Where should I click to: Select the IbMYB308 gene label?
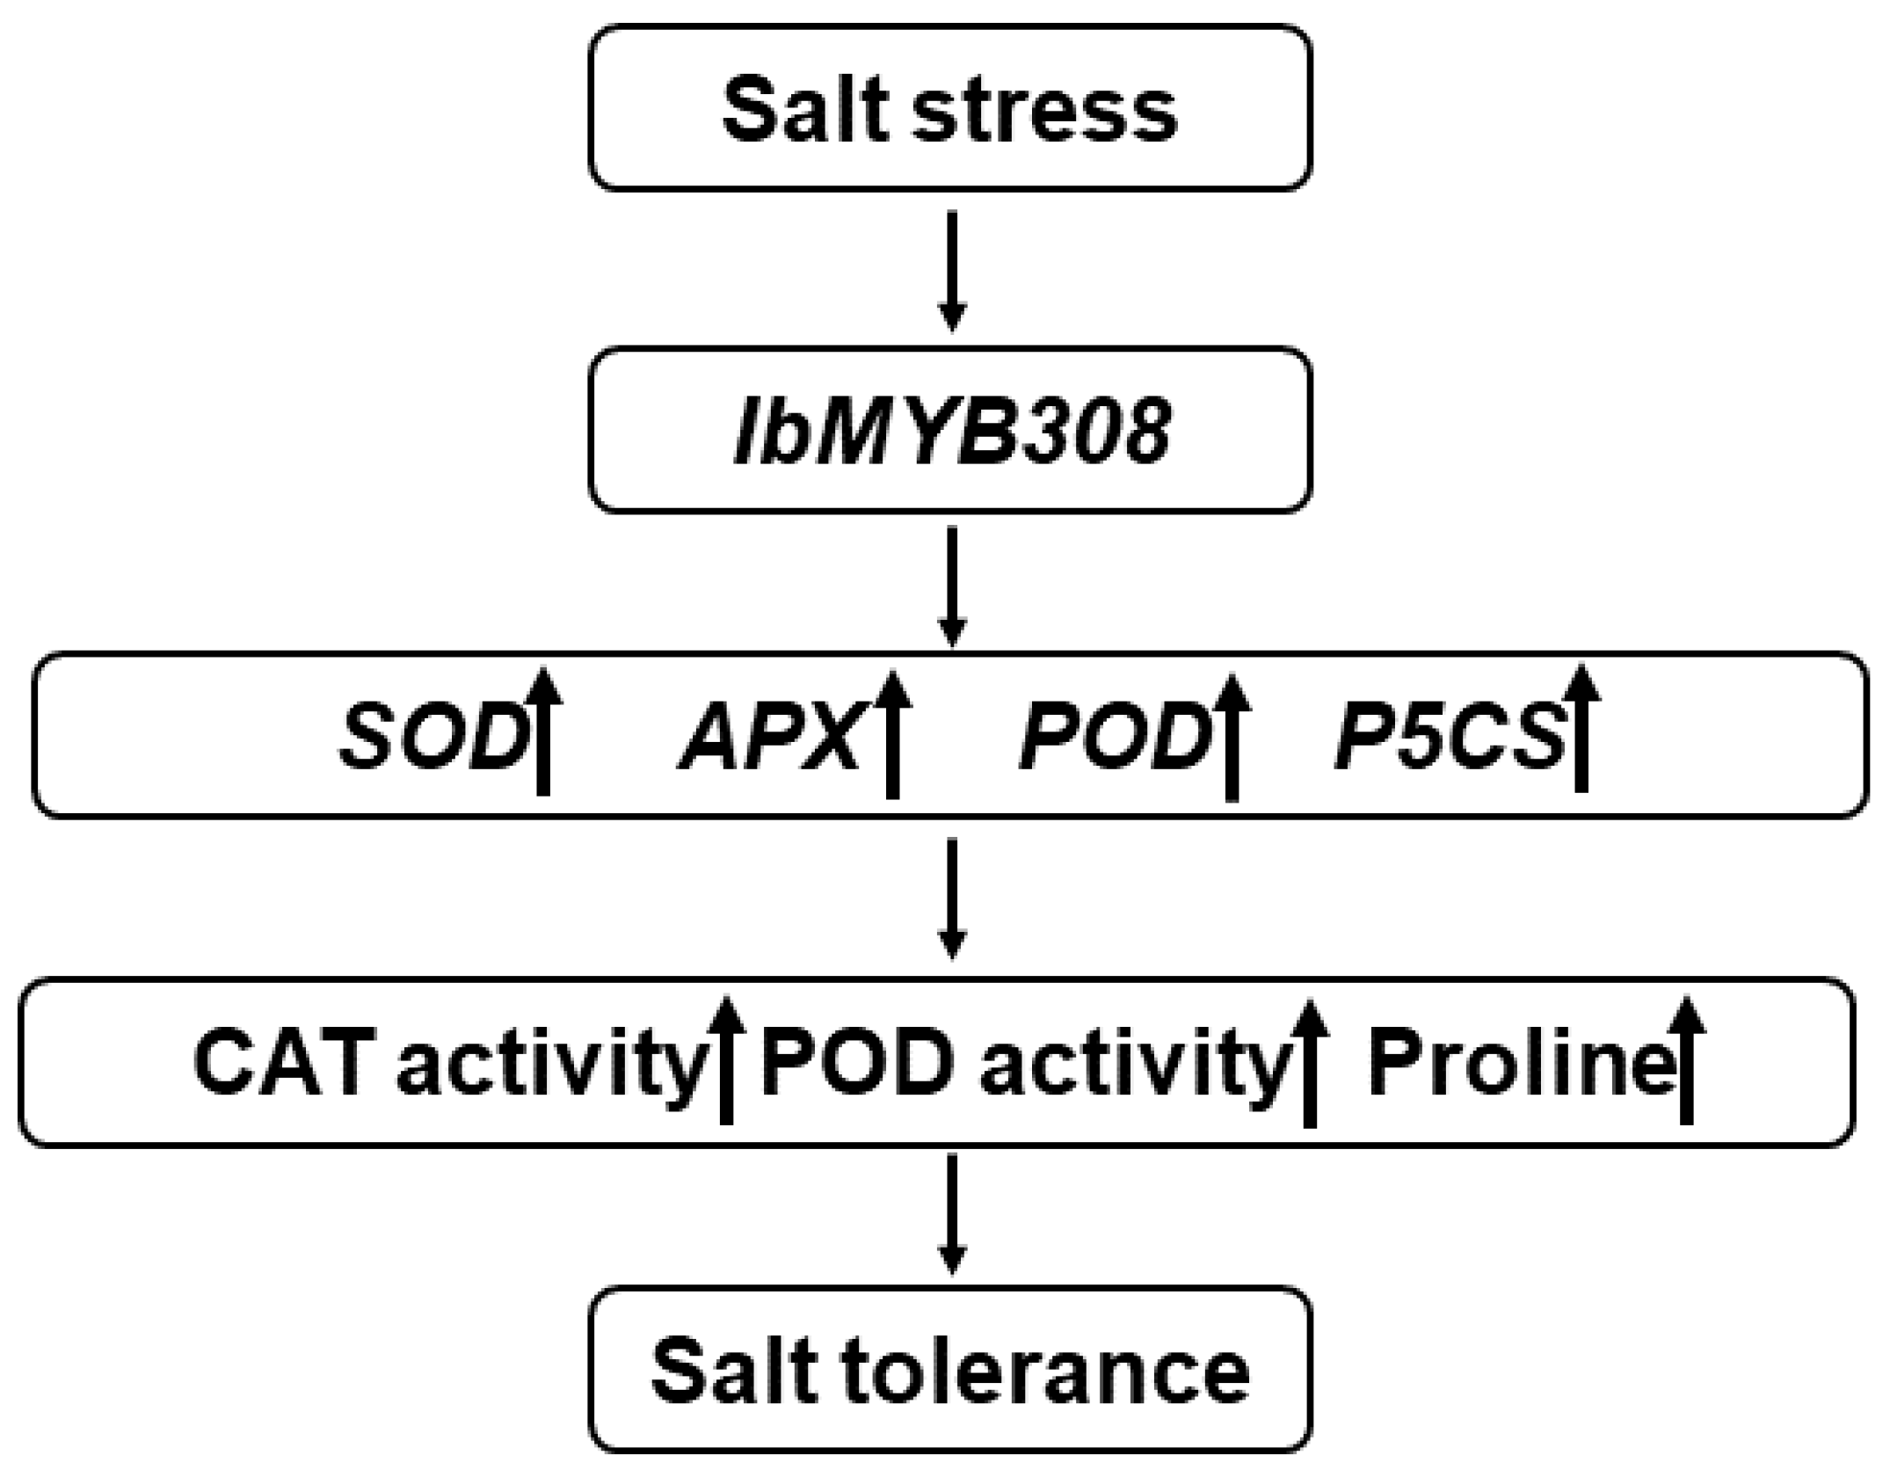pyautogui.click(x=952, y=431)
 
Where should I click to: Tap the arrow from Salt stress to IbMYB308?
pyautogui.click(x=952, y=270)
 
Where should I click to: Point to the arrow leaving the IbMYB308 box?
pyautogui.click(x=952, y=585)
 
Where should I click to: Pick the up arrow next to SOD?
pyautogui.click(x=543, y=731)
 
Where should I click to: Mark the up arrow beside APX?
pyautogui.click(x=892, y=733)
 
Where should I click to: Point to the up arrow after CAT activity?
pyautogui.click(x=726, y=1059)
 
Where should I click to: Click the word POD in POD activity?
pyautogui.click(x=858, y=1064)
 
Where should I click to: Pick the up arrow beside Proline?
pyautogui.click(x=1686, y=1059)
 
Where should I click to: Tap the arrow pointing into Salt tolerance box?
pyautogui.click(x=952, y=1213)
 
